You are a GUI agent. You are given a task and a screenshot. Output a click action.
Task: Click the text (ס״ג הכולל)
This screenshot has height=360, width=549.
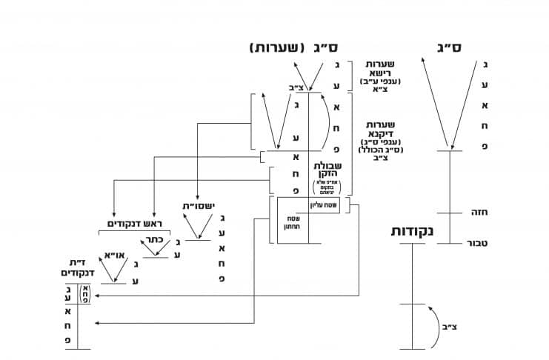tap(378, 149)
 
